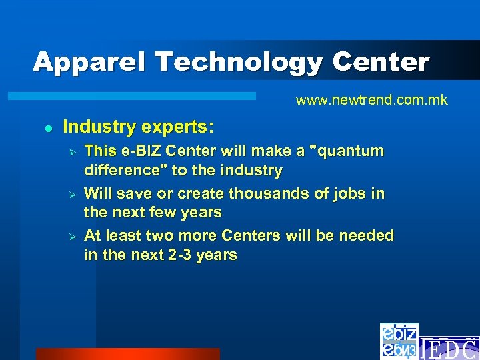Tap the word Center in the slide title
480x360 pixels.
click(381, 62)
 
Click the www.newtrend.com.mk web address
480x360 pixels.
click(372, 101)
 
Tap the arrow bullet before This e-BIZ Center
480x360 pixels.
click(74, 151)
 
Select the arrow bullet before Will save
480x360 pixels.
click(74, 194)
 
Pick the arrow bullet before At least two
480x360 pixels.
click(74, 237)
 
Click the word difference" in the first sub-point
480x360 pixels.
click(125, 171)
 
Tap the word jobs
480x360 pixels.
click(349, 193)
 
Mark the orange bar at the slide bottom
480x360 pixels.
click(127, 354)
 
